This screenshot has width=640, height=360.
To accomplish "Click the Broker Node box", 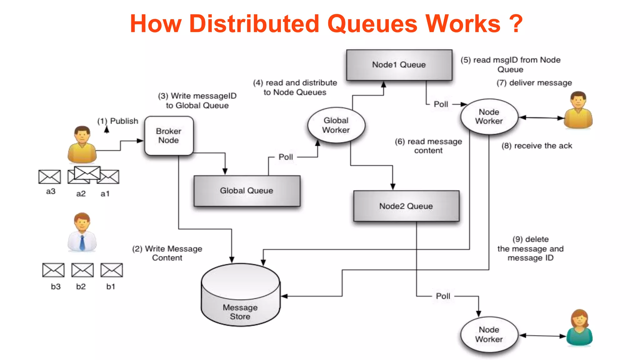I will [x=169, y=136].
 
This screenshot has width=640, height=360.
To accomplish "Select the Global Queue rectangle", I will [x=247, y=191].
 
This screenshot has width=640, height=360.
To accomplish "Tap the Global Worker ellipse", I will [x=336, y=125].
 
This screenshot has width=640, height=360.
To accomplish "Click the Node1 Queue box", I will [x=399, y=65].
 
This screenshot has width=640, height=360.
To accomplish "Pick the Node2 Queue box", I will [x=406, y=206].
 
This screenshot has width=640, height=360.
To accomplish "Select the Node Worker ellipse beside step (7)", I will [x=489, y=117].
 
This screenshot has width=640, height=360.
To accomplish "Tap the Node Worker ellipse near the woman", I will [x=489, y=334].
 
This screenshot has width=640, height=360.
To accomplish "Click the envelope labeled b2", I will [x=82, y=270].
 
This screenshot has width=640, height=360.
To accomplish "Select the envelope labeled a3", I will [x=49, y=177].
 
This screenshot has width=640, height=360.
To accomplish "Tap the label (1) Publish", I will [x=118, y=121].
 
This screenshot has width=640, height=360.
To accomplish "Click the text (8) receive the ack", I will [x=537, y=146].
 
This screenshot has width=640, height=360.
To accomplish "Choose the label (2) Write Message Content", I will [x=167, y=253].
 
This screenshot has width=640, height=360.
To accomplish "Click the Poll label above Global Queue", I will [x=286, y=157].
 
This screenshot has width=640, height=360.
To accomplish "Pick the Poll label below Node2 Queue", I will [x=443, y=296].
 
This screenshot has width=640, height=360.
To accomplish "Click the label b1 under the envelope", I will [x=111, y=287].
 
